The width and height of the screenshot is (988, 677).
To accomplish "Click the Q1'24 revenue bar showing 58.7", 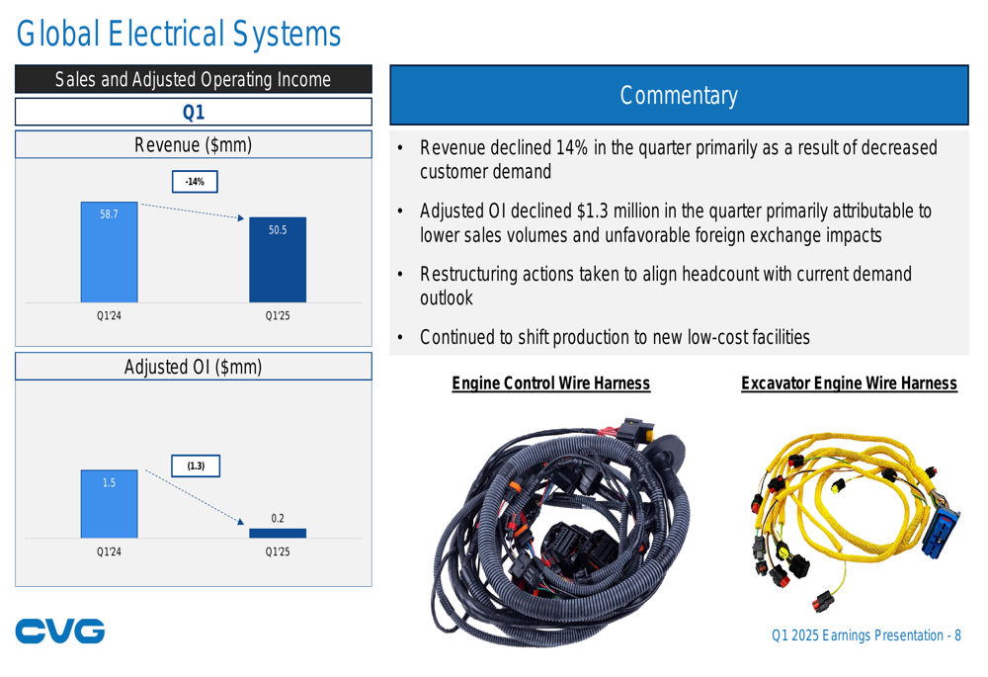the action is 109,252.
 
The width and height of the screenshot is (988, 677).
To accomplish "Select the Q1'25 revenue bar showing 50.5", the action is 278,260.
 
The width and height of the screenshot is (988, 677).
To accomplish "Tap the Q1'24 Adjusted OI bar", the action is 109,504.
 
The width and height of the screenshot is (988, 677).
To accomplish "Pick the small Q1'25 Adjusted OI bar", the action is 278,534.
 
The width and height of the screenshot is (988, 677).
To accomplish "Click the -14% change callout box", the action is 195,182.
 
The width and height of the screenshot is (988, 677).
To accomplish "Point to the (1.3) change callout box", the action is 196,465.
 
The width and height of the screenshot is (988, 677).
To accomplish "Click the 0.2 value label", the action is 278,518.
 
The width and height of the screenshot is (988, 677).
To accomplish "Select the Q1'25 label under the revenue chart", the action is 278,316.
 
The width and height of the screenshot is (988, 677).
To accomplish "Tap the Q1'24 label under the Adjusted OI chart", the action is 109,551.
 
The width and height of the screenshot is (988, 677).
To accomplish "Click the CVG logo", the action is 60,631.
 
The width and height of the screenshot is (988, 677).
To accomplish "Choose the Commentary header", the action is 680,95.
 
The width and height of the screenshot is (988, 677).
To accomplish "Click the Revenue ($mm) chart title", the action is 194,145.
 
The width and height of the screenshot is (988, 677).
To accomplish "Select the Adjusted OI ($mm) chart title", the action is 194,367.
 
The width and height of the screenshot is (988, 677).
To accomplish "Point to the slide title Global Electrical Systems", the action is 178,34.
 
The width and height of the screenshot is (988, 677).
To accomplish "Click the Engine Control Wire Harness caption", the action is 550,383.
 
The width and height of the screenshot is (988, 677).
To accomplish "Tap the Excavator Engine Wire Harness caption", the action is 849,383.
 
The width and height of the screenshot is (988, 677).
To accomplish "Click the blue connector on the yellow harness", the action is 941,532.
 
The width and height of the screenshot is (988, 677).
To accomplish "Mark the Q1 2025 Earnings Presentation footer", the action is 866,635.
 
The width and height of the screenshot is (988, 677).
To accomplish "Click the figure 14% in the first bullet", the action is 571,147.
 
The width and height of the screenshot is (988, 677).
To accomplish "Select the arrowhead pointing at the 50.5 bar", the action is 241,218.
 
